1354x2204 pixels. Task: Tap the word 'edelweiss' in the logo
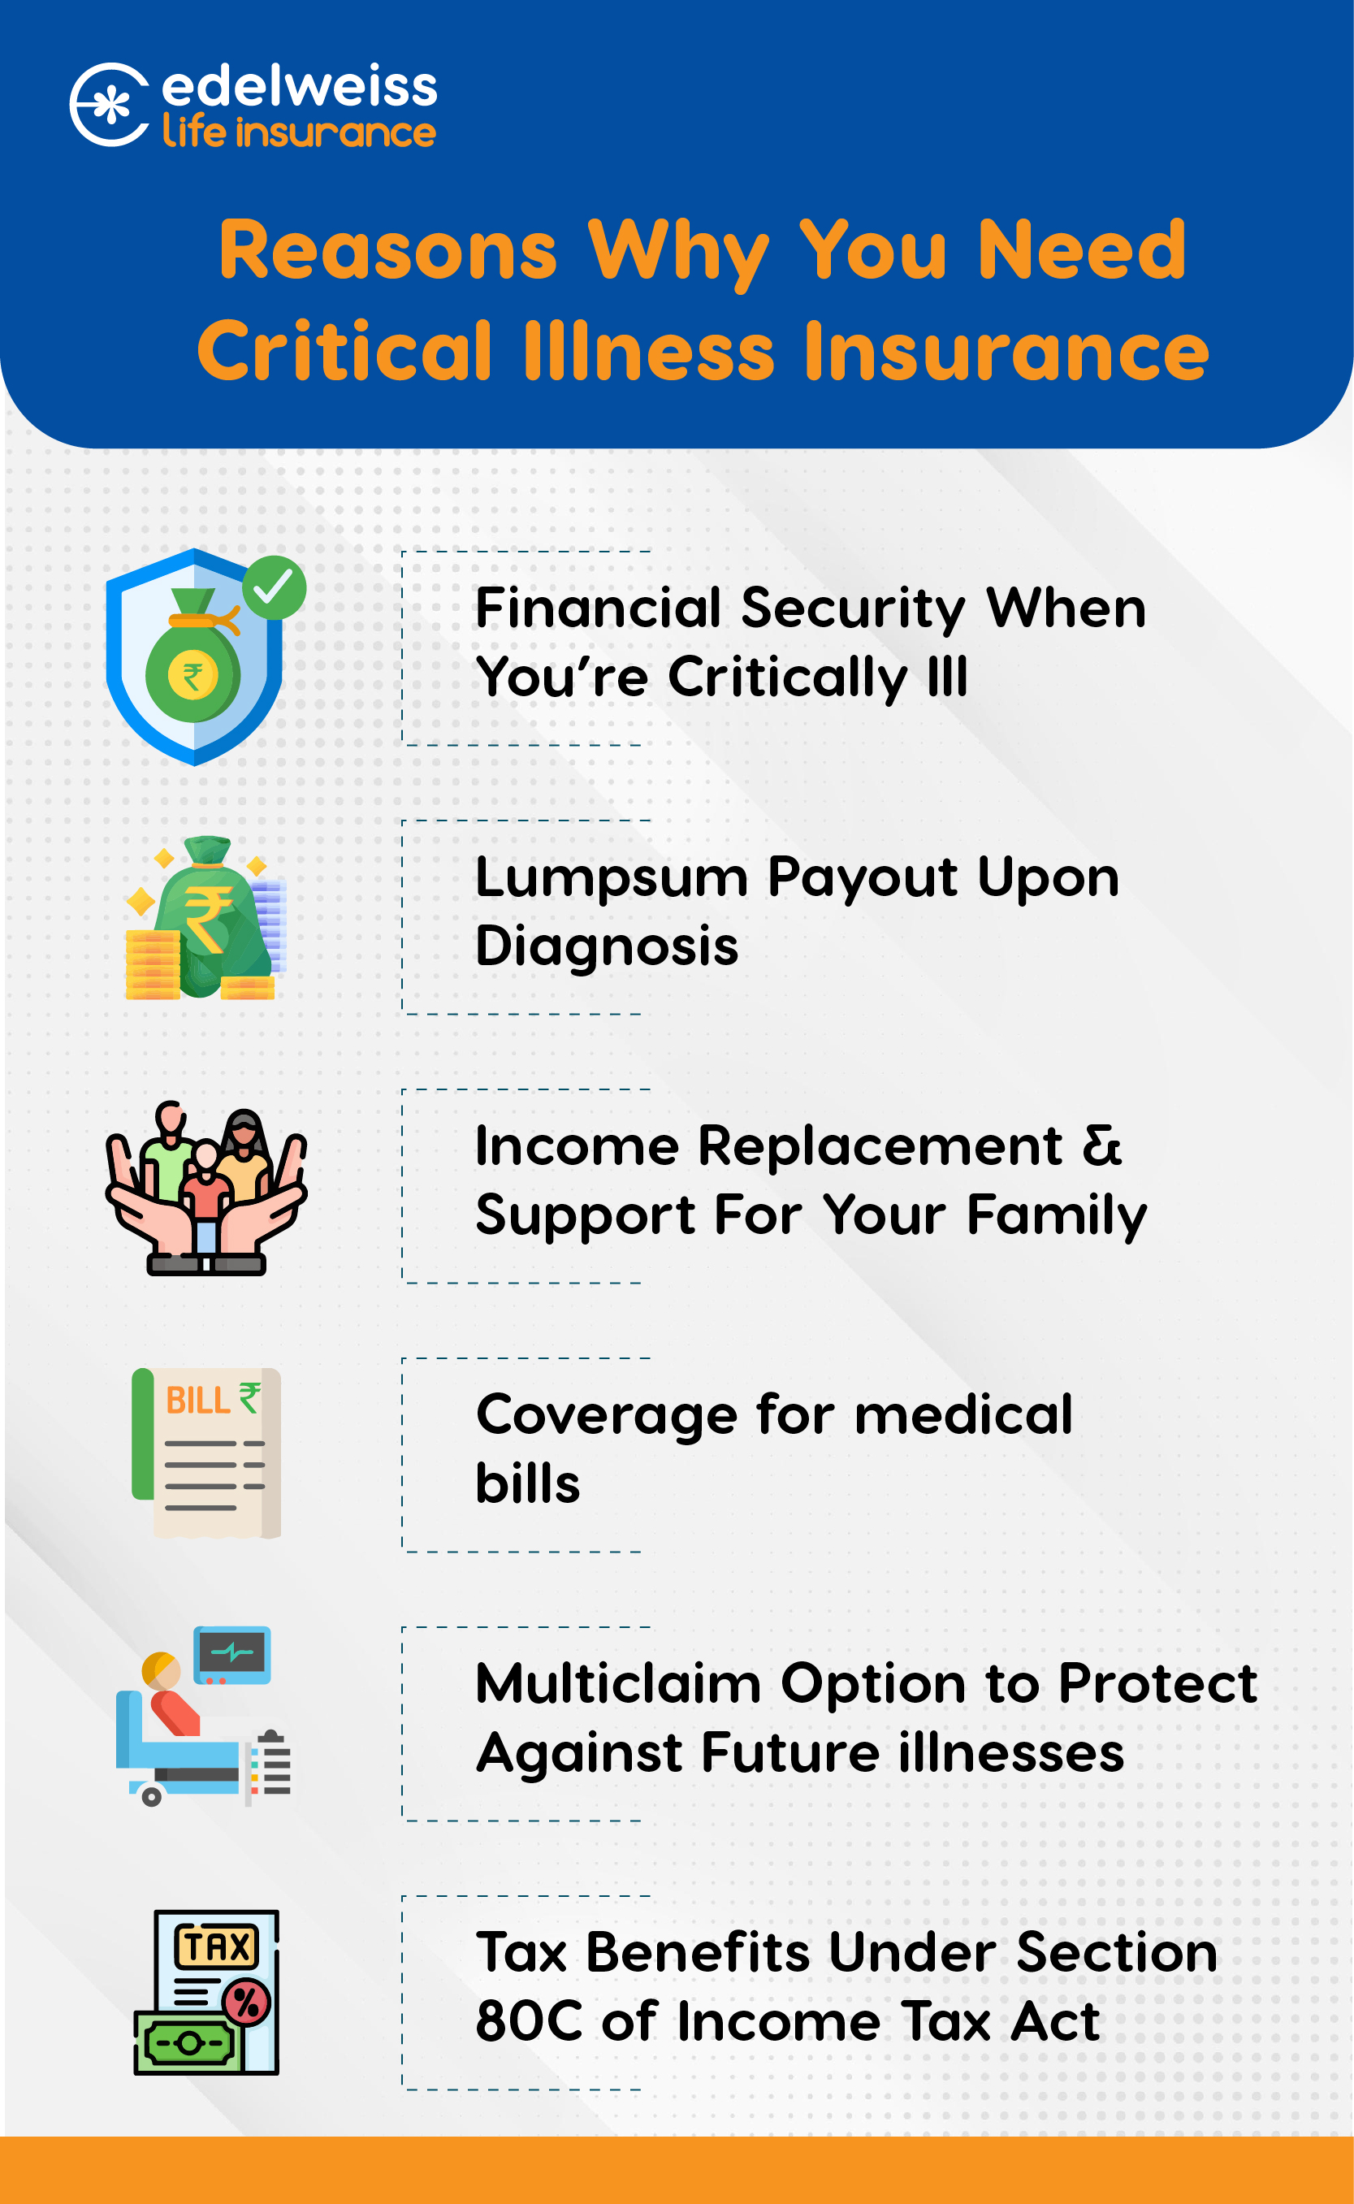point(299,86)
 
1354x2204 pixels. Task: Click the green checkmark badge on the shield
point(274,587)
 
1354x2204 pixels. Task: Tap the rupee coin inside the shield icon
point(193,676)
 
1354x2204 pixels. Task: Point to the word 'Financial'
point(598,608)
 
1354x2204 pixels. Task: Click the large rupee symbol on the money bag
point(209,919)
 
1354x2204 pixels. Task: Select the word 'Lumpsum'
point(612,877)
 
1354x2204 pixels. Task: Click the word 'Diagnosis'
point(608,946)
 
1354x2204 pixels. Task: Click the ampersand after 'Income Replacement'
point(1101,1145)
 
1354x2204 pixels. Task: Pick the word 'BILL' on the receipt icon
point(199,1401)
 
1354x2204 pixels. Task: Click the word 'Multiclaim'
point(619,1684)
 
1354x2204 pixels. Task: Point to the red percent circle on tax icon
point(246,2002)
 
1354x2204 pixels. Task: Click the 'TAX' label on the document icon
point(217,1946)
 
